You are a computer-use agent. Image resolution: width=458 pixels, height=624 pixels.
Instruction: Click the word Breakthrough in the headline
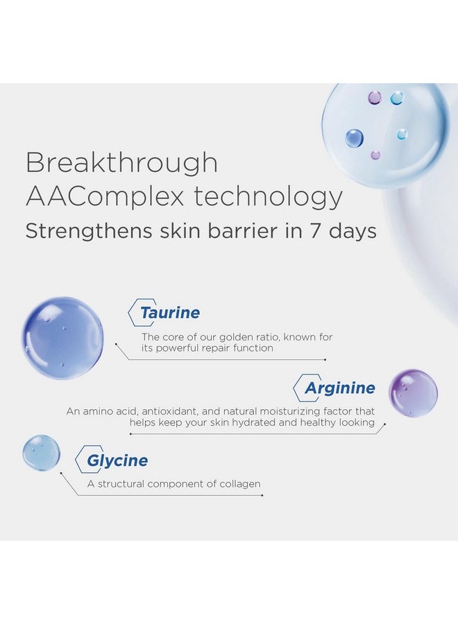pos(121,163)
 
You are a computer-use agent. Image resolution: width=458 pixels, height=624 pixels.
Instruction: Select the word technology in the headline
pos(269,196)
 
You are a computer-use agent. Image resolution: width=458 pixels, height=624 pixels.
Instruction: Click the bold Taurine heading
pos(169,313)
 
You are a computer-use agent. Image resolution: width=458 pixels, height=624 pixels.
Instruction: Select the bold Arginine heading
pos(339,388)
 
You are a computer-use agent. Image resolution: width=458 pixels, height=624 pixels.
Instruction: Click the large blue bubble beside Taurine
pos(62,338)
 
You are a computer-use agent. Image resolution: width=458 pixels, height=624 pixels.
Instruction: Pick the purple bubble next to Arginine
pos(413,393)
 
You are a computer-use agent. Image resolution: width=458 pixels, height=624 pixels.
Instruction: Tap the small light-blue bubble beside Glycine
pos(41,453)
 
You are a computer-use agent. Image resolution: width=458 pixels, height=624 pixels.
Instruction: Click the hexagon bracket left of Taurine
pos(133,313)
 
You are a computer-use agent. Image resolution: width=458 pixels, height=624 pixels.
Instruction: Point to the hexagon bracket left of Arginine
pos(297,388)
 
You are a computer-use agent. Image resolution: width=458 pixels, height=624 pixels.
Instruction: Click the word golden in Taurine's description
pos(248,337)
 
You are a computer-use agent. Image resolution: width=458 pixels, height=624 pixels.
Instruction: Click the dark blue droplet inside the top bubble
pos(355,138)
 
